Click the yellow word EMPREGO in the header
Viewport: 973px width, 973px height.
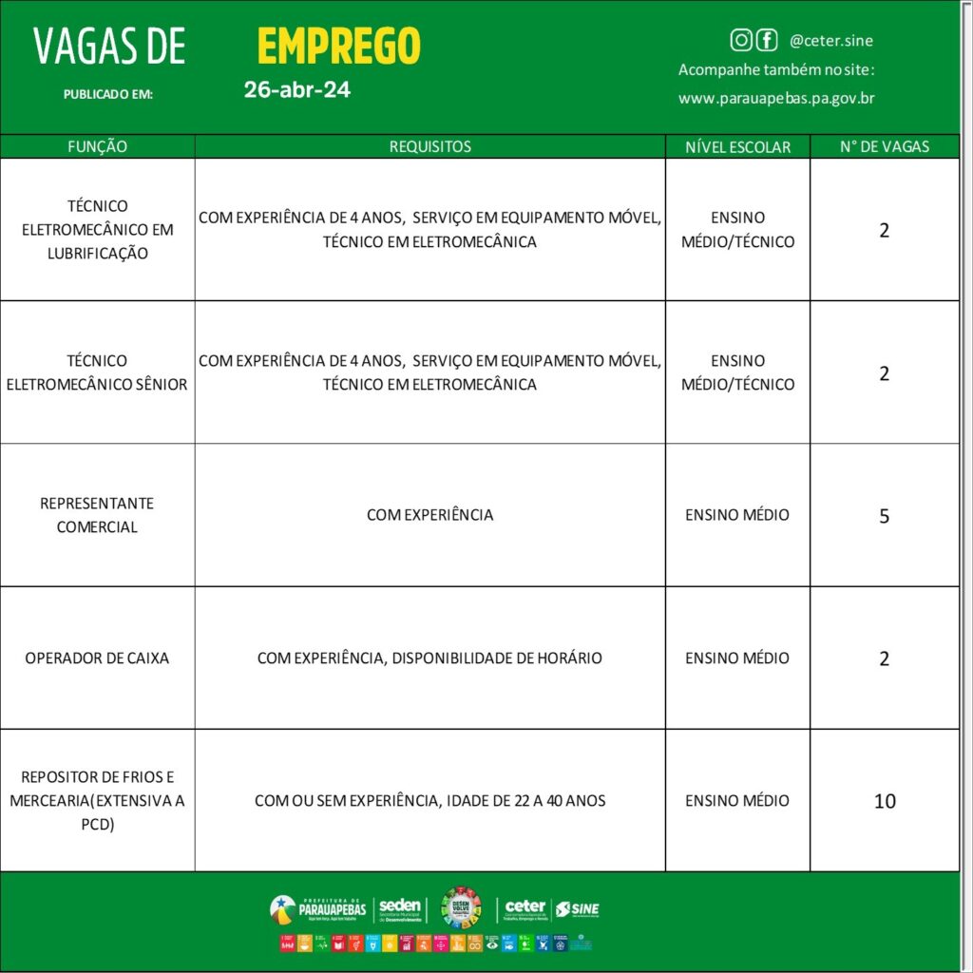pyautogui.click(x=338, y=46)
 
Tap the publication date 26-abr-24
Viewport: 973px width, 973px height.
pyautogui.click(x=296, y=90)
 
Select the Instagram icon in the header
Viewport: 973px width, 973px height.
pyautogui.click(x=741, y=40)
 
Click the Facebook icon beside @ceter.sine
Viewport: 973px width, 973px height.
pyautogui.click(x=766, y=40)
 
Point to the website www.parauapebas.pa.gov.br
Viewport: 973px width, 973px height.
pyautogui.click(x=776, y=98)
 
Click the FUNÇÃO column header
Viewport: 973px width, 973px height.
pyautogui.click(x=97, y=146)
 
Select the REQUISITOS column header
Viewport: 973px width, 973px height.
pyautogui.click(x=429, y=146)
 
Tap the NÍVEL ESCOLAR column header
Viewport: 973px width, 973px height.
pyautogui.click(x=737, y=146)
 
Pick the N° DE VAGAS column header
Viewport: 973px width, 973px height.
pyautogui.click(x=885, y=146)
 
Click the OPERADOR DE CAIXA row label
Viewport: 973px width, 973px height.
pyautogui.click(x=97, y=658)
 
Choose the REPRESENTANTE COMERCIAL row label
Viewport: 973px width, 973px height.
pyautogui.click(x=97, y=515)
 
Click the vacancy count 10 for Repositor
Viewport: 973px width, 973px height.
pyautogui.click(x=885, y=801)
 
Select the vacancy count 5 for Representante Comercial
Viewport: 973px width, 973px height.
pyautogui.click(x=885, y=516)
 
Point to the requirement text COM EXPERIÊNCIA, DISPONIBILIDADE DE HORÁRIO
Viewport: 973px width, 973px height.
pyautogui.click(x=429, y=658)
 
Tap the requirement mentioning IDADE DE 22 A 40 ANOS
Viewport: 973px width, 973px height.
pyautogui.click(x=429, y=800)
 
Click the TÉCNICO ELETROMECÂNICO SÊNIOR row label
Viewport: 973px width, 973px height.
pyautogui.click(x=97, y=372)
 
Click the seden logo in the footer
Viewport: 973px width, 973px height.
pyautogui.click(x=399, y=909)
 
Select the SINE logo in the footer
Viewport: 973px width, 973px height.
pyautogui.click(x=578, y=909)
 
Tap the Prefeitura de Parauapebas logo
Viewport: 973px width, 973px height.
pyautogui.click(x=317, y=909)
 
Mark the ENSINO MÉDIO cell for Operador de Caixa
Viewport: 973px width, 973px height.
pyautogui.click(x=737, y=658)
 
